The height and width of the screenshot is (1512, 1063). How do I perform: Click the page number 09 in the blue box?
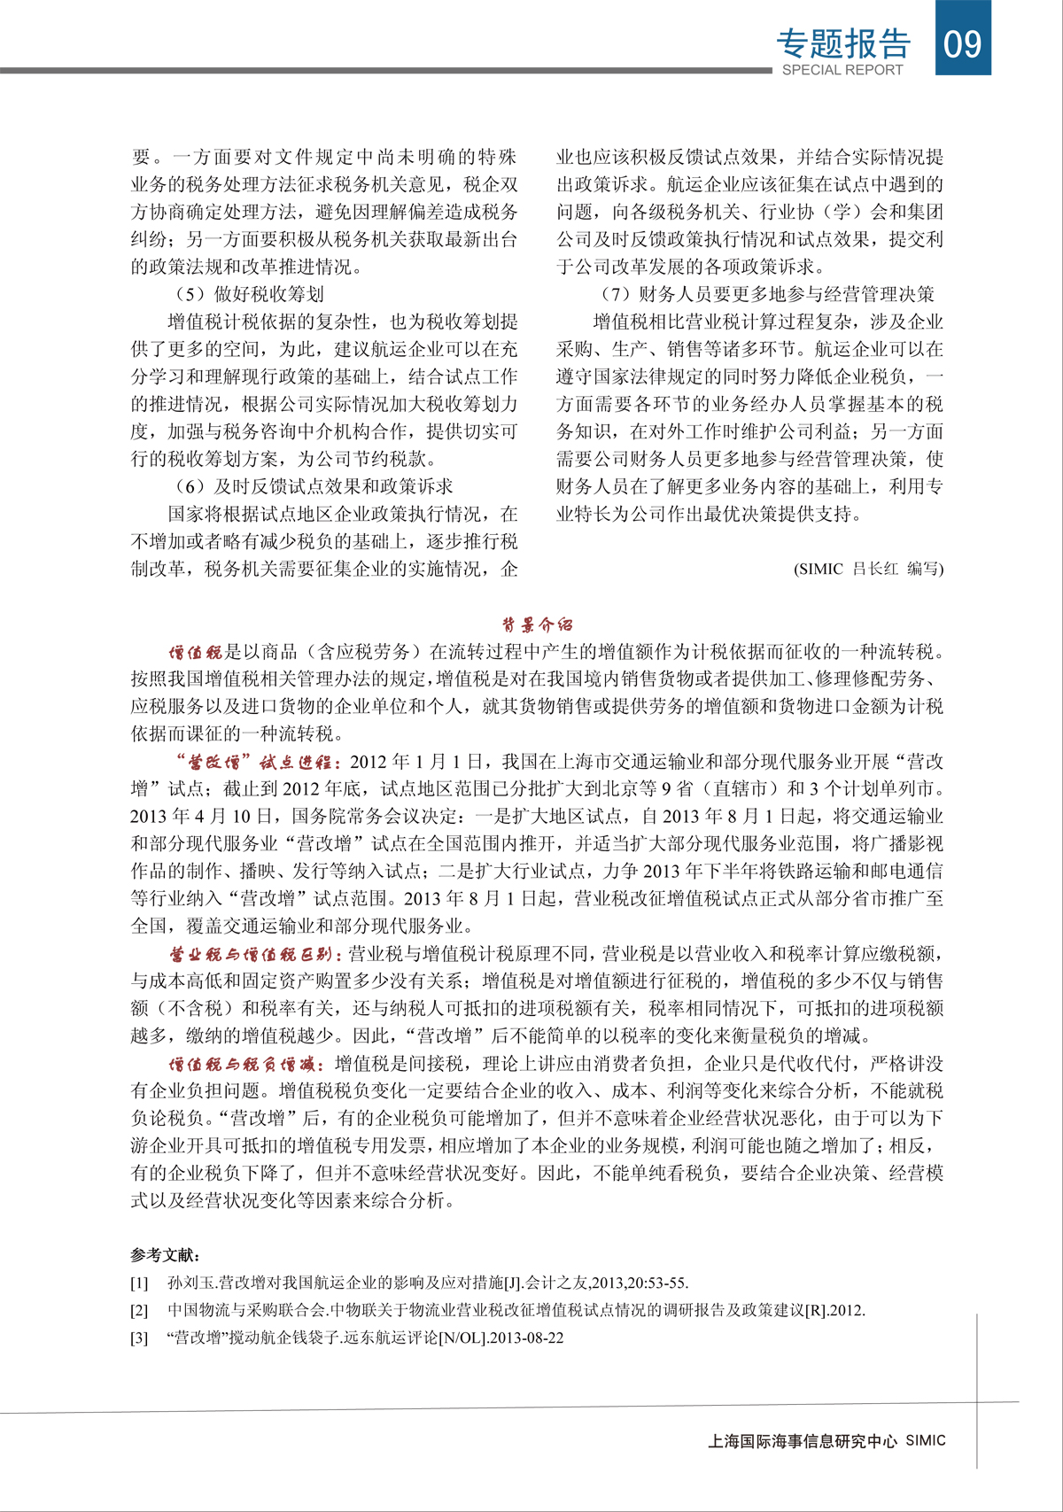[x=963, y=42]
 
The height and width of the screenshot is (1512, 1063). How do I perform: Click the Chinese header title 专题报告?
[x=842, y=43]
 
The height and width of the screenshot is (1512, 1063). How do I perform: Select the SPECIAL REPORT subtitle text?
[x=842, y=70]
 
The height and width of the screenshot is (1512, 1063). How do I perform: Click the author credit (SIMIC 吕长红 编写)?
[x=868, y=569]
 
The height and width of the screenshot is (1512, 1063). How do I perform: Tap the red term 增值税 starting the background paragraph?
[x=195, y=653]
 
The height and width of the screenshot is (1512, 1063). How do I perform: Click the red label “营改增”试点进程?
[x=254, y=762]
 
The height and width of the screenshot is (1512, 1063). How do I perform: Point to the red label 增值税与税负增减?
[x=247, y=1064]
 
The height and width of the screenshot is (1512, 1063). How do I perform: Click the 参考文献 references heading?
[x=165, y=1254]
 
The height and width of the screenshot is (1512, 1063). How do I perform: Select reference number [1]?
[x=139, y=1283]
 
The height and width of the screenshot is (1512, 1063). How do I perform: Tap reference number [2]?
[x=139, y=1310]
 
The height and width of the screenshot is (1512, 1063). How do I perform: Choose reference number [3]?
[x=139, y=1338]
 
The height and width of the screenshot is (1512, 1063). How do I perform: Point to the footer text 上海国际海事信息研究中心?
[x=803, y=1441]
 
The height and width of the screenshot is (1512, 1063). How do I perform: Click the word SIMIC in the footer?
[x=926, y=1441]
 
